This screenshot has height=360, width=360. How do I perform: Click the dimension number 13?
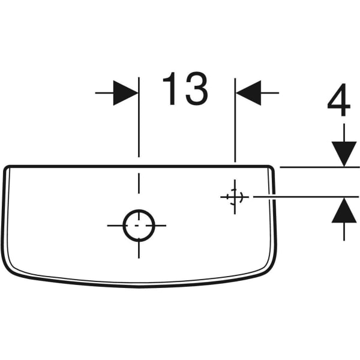[185, 89]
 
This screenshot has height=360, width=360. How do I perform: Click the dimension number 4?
[339, 100]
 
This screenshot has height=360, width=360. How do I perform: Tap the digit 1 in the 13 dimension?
[169, 89]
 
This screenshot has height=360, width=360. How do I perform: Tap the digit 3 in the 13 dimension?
[197, 89]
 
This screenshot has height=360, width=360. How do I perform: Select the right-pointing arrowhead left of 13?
[126, 93]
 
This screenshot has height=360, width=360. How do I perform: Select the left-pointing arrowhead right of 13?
[248, 93]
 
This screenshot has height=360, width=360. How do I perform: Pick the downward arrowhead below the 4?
[344, 154]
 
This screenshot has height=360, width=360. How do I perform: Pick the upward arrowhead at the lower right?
[344, 210]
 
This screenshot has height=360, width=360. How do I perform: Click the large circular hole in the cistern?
[139, 226]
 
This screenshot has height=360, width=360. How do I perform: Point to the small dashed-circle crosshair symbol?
[235, 197]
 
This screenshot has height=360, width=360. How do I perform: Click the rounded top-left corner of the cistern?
[7, 169]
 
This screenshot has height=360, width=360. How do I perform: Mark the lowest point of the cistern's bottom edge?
[139, 287]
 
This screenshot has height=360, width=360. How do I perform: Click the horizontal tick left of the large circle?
[115, 226]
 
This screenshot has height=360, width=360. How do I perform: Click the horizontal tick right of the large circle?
[160, 226]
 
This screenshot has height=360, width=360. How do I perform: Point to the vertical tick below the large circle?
[139, 250]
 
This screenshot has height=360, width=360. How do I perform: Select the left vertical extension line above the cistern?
[139, 117]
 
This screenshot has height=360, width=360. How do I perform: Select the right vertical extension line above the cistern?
[235, 120]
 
